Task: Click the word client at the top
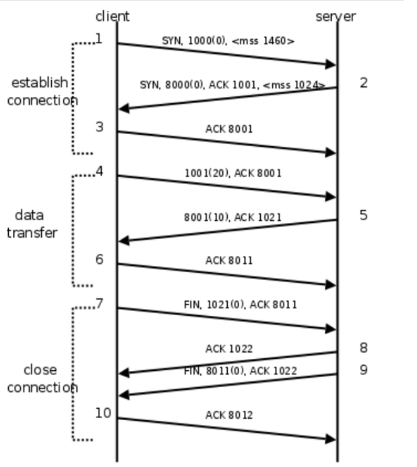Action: coord(112,16)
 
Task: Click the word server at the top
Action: coord(335,16)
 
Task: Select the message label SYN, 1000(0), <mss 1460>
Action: coord(228,41)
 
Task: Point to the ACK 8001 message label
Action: coord(229,129)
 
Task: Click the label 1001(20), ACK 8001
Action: coord(233,173)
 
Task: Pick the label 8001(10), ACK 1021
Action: coord(232,217)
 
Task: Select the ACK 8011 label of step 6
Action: coord(229,261)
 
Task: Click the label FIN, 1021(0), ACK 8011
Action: coord(240,304)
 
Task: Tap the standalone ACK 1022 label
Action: coord(229,349)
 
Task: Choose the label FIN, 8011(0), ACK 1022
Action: coord(240,371)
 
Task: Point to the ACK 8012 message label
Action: coord(229,415)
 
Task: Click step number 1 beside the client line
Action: coord(99,39)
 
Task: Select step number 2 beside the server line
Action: coord(363,83)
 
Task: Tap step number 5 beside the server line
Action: coord(363,215)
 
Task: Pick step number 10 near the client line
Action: coord(103,413)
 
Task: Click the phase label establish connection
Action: coord(41,92)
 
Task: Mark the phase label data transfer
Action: coord(32,224)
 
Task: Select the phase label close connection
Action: coord(42,379)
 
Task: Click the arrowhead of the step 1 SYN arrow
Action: coord(331,65)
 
